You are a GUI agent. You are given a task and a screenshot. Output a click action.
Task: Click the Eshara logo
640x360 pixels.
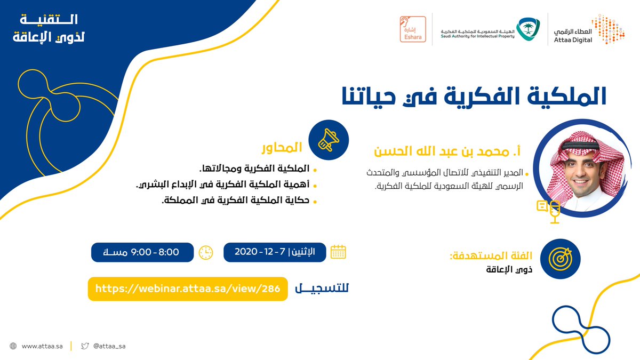point(413,29)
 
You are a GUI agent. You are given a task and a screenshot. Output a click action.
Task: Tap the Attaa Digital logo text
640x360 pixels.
point(573,36)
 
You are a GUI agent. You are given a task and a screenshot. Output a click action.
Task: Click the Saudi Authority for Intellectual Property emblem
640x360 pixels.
point(530,29)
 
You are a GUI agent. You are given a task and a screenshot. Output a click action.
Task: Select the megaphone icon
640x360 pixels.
point(329,140)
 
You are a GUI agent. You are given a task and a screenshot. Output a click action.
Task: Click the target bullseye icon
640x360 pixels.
point(561,259)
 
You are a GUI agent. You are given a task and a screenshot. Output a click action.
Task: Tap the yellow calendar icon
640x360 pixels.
point(338,252)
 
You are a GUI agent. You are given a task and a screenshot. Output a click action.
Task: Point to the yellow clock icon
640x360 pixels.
point(206,253)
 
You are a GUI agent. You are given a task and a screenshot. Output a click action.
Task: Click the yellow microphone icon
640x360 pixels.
point(555,212)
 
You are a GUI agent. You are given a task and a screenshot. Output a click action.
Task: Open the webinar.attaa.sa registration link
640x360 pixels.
point(188,289)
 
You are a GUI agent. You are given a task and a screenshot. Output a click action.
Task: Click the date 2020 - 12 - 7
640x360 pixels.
point(260,252)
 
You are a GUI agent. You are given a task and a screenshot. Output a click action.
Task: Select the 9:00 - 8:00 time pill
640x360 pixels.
point(142,252)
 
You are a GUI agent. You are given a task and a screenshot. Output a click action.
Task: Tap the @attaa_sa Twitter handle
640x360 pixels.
point(109,346)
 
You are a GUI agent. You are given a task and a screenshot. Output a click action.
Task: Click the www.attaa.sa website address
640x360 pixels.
point(42,346)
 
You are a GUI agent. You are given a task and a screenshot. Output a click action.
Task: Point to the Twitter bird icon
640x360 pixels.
point(85,346)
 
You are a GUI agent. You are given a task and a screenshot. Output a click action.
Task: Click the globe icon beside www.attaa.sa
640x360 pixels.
point(13,346)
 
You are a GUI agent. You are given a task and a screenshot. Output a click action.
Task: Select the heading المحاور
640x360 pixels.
point(282,148)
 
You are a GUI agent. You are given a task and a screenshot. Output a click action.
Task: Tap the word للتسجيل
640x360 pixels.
point(322,289)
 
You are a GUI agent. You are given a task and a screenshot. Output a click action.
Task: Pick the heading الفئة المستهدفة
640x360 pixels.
point(491,255)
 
